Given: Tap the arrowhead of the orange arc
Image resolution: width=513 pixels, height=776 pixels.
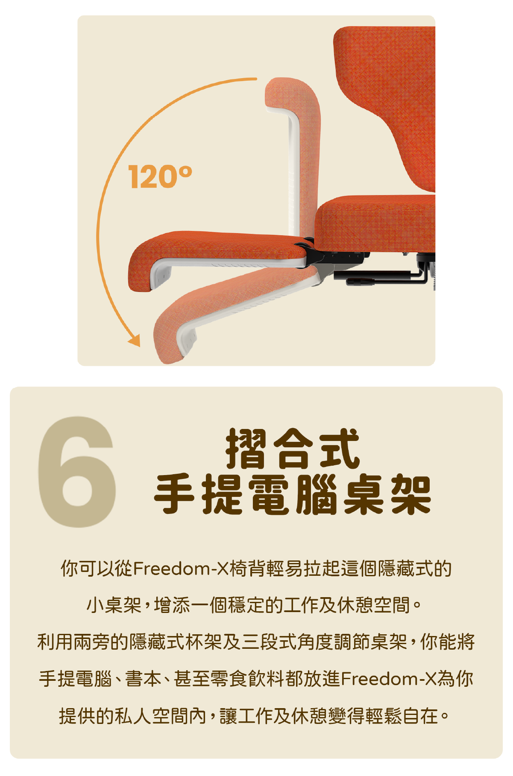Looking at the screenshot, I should [x=135, y=341].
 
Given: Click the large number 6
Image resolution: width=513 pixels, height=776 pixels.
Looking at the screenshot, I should [x=77, y=472].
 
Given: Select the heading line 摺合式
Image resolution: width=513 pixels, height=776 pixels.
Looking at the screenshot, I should [x=293, y=449].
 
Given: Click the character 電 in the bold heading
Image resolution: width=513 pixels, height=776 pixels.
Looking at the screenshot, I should [x=269, y=495].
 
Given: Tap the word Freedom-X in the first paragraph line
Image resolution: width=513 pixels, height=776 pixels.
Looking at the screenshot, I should [x=181, y=569].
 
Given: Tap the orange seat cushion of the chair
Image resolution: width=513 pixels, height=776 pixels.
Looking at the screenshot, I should [x=376, y=222].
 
